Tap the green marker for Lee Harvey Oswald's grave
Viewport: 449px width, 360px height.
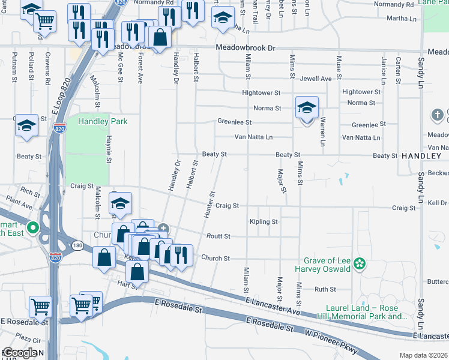pos(360,263)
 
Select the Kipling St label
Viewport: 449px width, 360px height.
pos(264,222)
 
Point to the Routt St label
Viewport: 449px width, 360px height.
pos(218,236)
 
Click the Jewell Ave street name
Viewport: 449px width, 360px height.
pos(316,79)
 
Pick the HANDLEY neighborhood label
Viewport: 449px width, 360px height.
pos(421,155)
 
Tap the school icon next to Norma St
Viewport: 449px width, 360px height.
pos(307,109)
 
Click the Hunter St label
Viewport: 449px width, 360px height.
pos(210,203)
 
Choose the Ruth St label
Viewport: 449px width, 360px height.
pos(325,289)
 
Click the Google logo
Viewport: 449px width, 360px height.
pos(20,353)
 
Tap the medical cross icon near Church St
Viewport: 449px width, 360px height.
pos(163,229)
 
